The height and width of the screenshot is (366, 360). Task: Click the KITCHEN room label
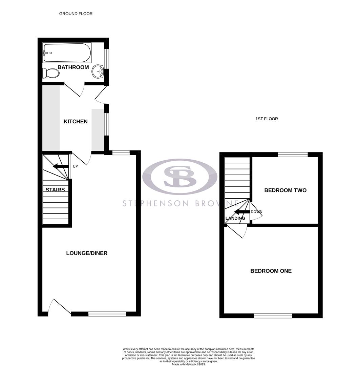76,121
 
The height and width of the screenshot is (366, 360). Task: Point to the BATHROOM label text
73,67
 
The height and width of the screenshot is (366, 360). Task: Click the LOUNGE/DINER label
87,253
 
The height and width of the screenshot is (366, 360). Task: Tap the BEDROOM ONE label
271,271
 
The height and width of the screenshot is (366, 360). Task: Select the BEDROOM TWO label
285,190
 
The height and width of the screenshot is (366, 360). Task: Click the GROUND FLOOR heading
76,14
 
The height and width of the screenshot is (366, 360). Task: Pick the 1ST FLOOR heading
267,119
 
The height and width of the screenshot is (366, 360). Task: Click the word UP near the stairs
76,166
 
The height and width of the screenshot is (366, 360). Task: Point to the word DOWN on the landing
256,212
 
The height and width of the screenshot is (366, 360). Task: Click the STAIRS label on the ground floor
55,190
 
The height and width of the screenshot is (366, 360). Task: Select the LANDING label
235,218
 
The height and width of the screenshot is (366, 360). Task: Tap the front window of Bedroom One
273,316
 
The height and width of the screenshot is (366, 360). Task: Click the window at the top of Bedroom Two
293,155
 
